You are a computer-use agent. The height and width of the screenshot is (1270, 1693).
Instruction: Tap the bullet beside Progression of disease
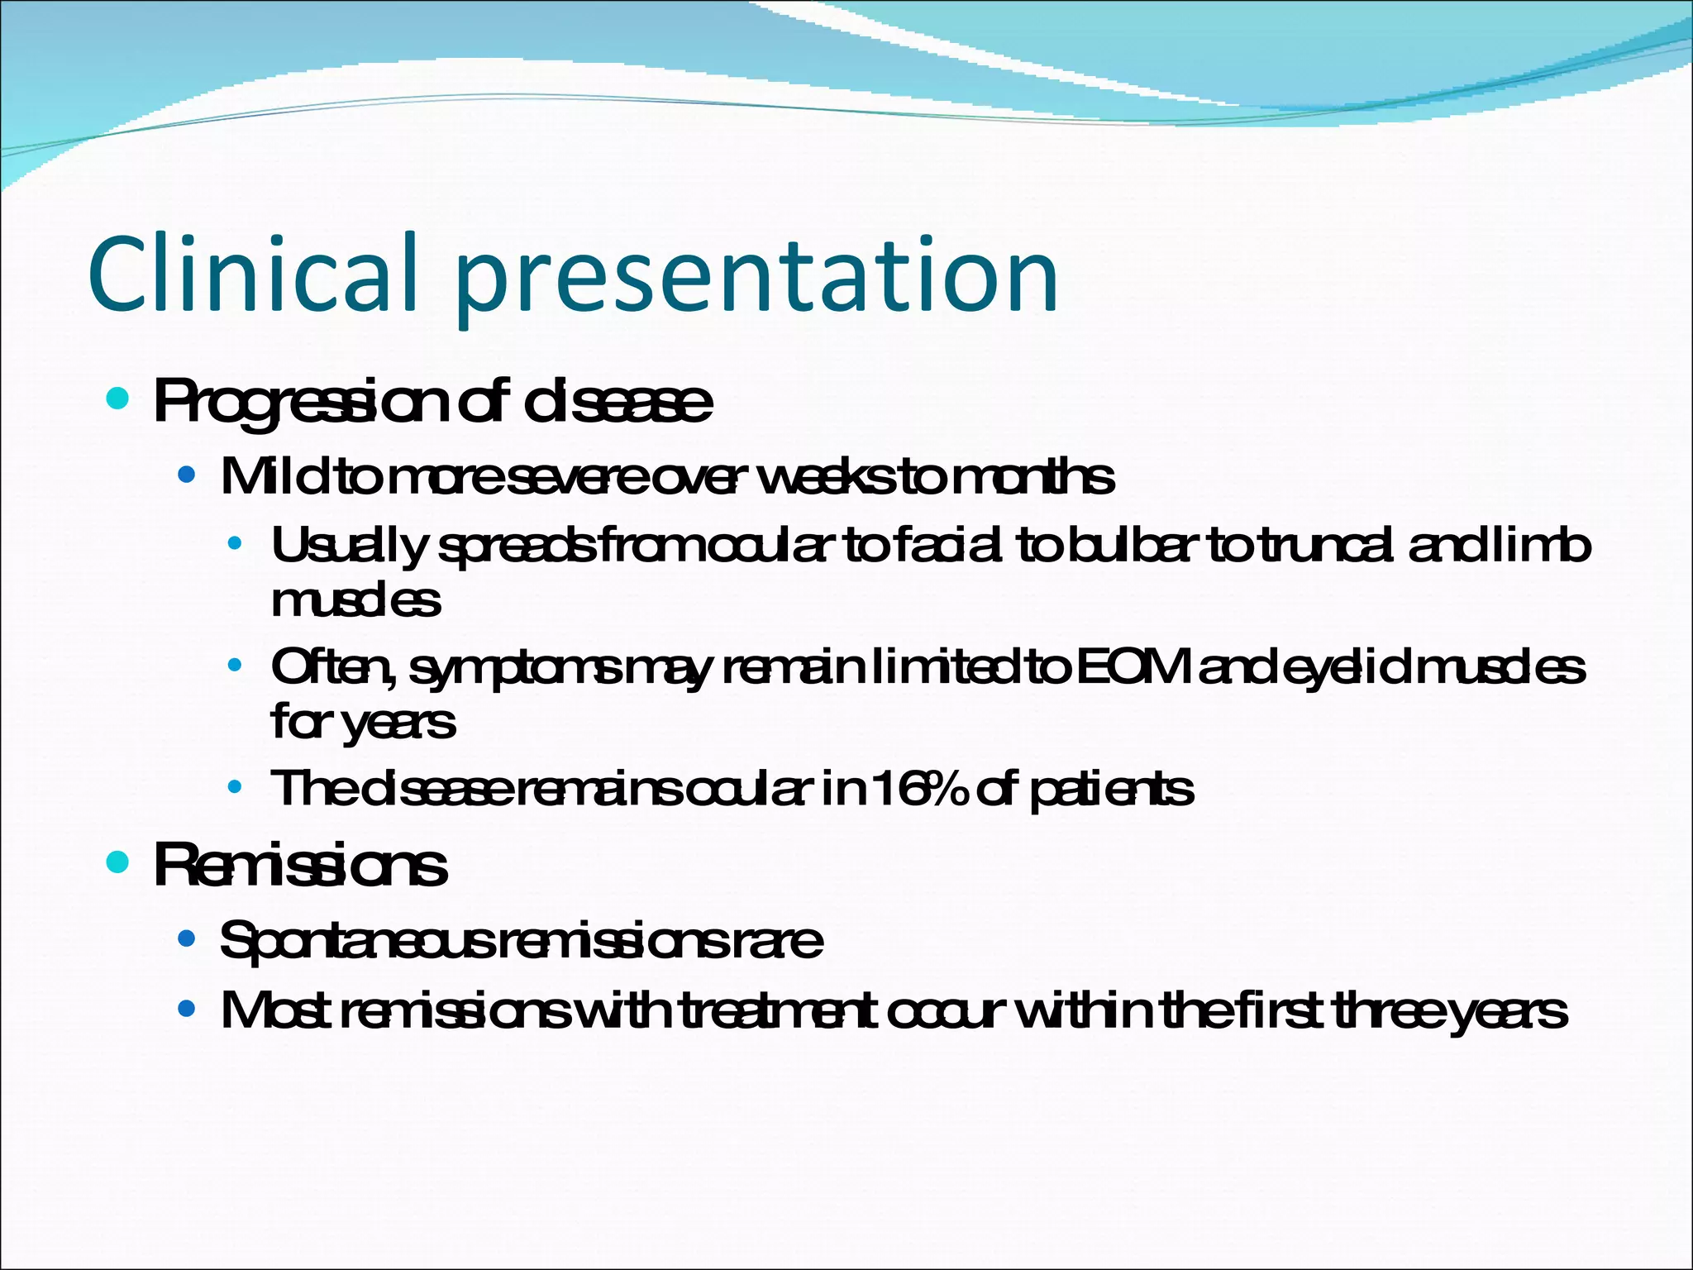point(118,400)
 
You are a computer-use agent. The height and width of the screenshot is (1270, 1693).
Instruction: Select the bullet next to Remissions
point(118,863)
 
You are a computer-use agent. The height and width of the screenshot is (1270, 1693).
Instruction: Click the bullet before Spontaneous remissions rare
point(187,939)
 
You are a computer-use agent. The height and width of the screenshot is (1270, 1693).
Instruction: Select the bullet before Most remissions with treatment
point(187,1009)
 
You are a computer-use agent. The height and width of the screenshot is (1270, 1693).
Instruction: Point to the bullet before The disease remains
point(236,787)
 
